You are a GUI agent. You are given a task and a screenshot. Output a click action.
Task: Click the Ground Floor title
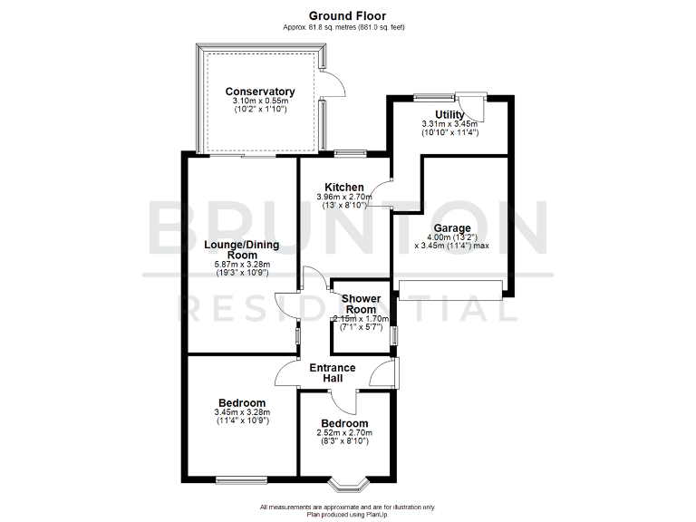[x=347, y=15]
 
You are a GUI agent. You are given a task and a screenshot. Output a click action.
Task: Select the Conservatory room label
[x=260, y=92]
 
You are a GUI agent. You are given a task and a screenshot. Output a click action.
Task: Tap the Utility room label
[x=449, y=113]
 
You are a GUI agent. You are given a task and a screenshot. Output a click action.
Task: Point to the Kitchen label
[x=344, y=187]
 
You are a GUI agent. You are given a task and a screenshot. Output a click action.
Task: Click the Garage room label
[x=451, y=228]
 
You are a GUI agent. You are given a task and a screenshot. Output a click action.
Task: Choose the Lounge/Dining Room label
[x=241, y=250]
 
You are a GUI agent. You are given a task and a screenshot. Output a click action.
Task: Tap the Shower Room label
[x=361, y=304]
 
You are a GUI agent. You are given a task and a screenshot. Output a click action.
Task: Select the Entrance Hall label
[x=333, y=372]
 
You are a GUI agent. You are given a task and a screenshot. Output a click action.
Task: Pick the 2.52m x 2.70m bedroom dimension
[x=344, y=433]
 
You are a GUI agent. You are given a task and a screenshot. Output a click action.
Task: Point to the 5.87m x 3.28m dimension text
[x=241, y=265]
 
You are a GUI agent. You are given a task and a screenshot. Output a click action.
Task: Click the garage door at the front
[x=450, y=290]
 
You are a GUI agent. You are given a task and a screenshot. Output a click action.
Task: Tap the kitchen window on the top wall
[x=348, y=152]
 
